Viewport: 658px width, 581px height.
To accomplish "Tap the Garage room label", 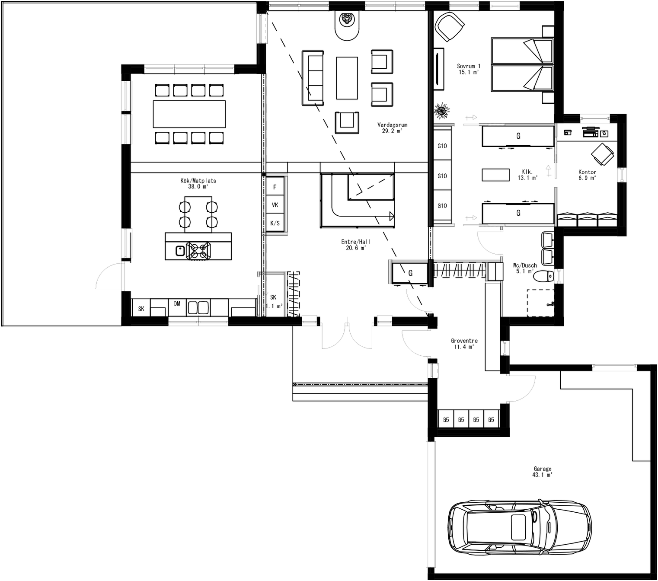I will point(542,471).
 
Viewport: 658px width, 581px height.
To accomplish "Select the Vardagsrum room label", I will point(392,128).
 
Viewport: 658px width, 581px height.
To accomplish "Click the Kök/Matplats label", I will point(198,183).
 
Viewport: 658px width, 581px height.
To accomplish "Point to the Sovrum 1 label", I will point(469,69).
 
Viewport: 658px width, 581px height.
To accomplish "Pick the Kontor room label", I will point(587,175).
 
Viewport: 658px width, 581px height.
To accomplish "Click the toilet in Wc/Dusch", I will point(544,275).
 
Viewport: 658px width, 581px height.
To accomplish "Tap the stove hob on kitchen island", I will point(198,251).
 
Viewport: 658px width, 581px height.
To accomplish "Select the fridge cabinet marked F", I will point(275,187).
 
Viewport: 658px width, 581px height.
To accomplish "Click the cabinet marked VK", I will point(275,205).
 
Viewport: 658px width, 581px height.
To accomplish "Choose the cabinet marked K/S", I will point(275,223).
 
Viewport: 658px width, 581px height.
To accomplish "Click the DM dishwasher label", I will point(177,304).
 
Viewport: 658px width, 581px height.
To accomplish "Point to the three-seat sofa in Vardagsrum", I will point(313,78).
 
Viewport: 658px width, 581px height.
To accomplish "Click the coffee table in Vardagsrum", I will point(347,78).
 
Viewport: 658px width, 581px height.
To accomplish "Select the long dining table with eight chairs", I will point(189,114).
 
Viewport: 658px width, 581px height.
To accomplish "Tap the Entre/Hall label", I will point(356,245).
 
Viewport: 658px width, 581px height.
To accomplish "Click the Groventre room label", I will point(464,344).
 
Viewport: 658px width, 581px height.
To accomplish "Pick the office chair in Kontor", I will point(602,154).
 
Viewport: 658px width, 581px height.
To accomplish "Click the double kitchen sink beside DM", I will point(198,307).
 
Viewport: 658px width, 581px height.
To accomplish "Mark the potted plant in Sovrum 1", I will point(442,111).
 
